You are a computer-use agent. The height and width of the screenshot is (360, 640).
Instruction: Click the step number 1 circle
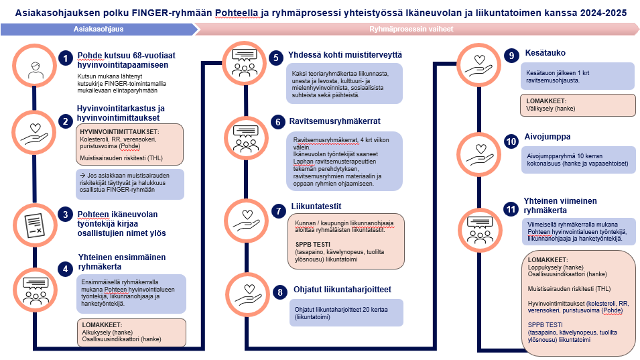point(64,58)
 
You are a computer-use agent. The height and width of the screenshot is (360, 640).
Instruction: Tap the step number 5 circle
point(276,58)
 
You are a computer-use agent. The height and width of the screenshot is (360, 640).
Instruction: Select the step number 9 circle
point(511,56)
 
